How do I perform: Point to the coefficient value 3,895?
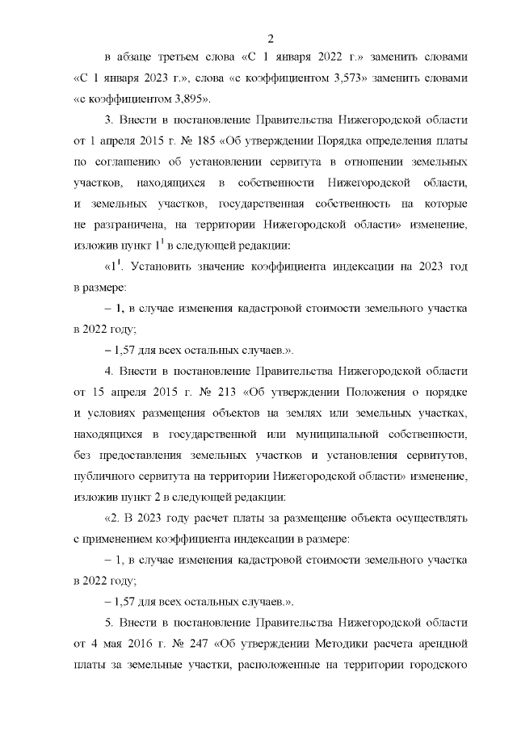[x=189, y=99]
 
